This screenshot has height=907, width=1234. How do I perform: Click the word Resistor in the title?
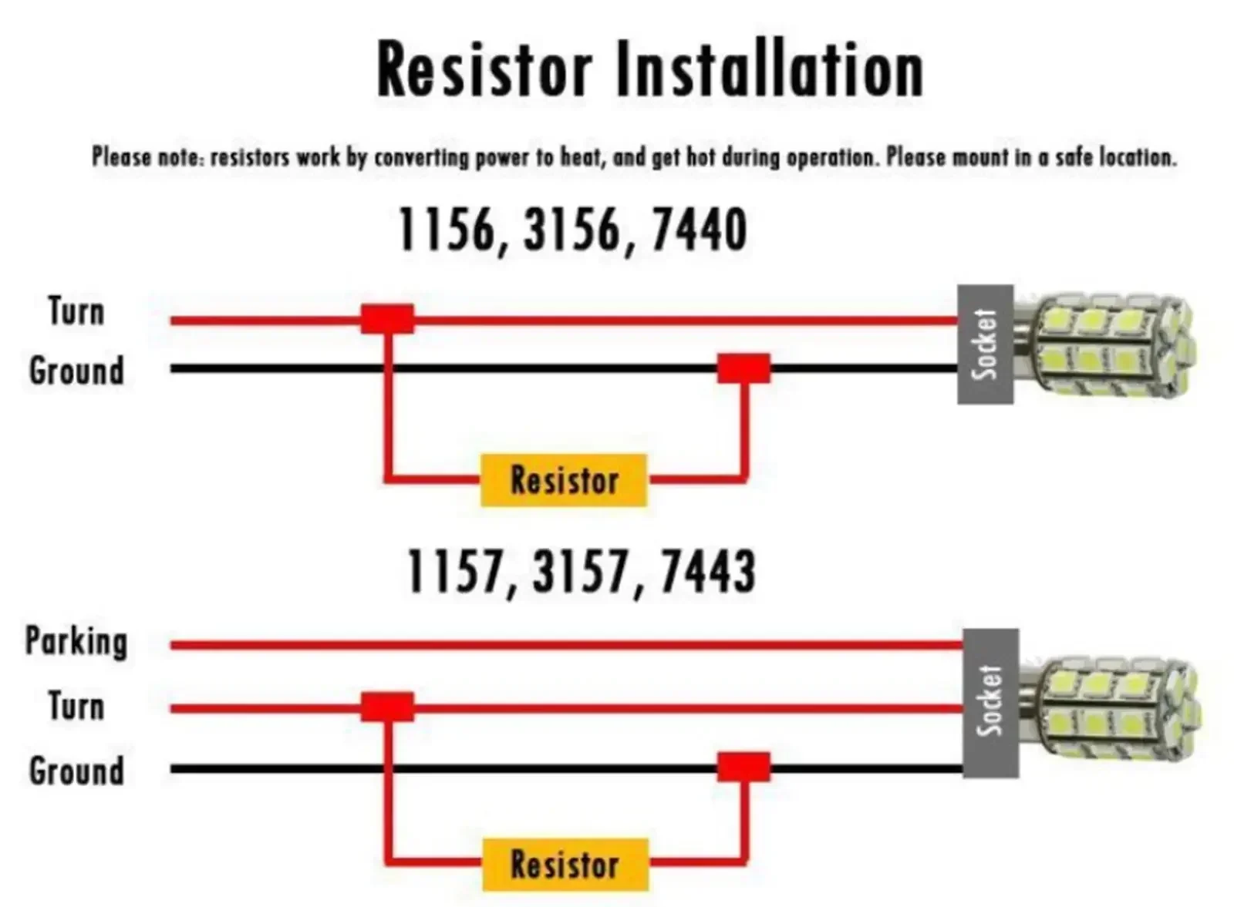[x=484, y=70]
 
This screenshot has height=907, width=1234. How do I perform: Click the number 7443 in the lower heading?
[x=708, y=572]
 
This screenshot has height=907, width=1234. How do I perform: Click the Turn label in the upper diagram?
[x=76, y=312]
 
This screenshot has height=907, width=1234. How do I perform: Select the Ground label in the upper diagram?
[x=76, y=371]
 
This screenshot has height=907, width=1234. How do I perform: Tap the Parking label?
[x=76, y=642]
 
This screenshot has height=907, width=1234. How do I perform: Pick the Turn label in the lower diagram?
[x=76, y=707]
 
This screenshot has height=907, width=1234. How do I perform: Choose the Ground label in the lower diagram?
[x=76, y=771]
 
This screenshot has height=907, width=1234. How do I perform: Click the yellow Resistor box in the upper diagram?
[x=563, y=480]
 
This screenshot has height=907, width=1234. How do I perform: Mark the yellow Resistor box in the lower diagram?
[x=565, y=864]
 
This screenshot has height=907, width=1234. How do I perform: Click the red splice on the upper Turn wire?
[x=387, y=319]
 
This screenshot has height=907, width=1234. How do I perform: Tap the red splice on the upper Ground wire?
[x=743, y=368]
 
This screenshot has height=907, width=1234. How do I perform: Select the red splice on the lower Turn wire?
[x=387, y=707]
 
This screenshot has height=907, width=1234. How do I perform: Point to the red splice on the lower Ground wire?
[x=743, y=768]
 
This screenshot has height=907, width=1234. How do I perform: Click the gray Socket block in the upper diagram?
[x=985, y=344]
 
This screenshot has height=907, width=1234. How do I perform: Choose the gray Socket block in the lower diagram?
[x=990, y=702]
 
